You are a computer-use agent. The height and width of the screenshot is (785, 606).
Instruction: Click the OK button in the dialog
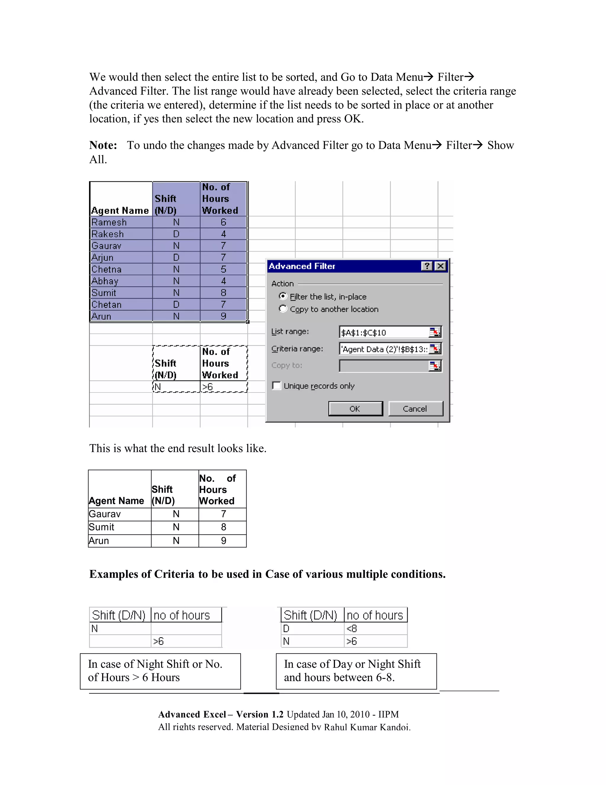pos(355,409)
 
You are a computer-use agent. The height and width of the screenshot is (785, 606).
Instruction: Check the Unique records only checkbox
pos(277,386)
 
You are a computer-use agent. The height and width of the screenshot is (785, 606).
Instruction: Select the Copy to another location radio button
pos(283,309)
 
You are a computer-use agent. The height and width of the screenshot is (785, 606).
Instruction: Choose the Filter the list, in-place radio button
pos(283,296)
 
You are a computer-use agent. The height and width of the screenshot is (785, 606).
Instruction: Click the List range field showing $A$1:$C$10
pos(383,332)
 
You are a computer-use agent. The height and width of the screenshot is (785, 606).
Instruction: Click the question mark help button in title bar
pos(426,266)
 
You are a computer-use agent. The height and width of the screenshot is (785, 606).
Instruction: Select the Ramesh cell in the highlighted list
pos(109,222)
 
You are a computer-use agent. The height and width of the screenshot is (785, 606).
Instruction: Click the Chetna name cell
pos(107,269)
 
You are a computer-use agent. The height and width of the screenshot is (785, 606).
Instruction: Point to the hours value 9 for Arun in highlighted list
pos(223,316)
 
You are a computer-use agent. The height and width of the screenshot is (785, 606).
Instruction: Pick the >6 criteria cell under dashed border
pos(207,387)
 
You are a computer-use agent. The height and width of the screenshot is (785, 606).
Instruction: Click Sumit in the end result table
pos(101,527)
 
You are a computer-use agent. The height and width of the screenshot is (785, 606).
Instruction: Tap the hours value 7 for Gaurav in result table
pos(223,514)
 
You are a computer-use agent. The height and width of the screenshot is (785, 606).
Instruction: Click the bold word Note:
pos(103,145)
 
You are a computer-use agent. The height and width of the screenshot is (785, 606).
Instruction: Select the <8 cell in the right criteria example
pos(352,629)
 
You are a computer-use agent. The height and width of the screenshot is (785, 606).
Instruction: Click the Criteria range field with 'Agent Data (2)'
pos(383,349)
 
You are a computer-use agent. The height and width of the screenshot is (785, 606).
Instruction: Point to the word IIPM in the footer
pos(388,714)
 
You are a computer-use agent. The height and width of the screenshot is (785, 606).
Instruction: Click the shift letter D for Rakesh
pos(176,234)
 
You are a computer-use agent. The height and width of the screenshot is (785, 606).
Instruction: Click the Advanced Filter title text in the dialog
pos(302,266)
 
